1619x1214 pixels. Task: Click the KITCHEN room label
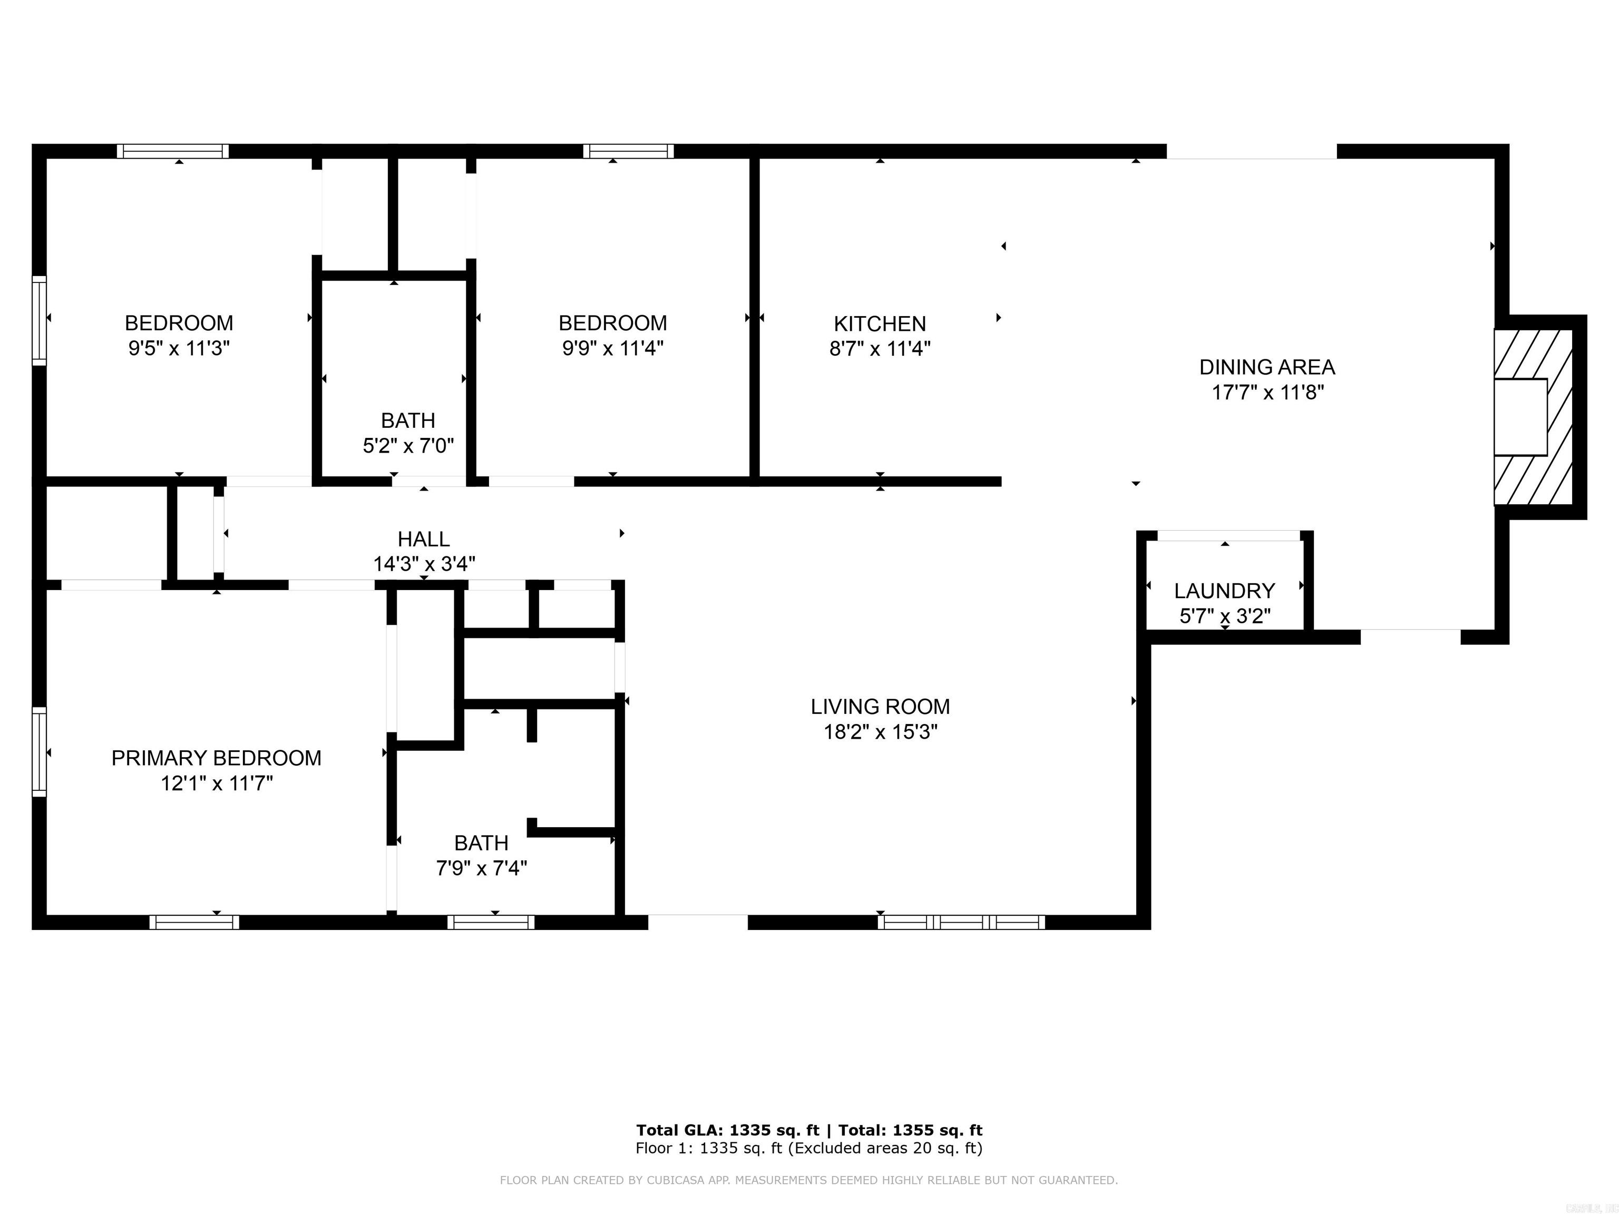tap(880, 324)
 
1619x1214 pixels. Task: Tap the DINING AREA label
tap(1267, 367)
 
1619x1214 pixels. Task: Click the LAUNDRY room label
tap(1224, 591)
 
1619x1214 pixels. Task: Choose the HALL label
tap(424, 540)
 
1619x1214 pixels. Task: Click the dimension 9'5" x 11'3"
tap(179, 348)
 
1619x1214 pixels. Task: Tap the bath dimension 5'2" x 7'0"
tap(408, 446)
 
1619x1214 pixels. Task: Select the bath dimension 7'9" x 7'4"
tap(482, 868)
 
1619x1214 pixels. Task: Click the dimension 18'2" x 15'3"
tap(881, 732)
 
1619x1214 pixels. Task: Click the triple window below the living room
tap(961, 922)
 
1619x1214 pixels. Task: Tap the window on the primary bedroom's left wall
tap(40, 751)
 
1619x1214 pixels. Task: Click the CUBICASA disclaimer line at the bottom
tap(809, 1180)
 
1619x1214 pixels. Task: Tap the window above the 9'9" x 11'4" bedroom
tap(629, 151)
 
